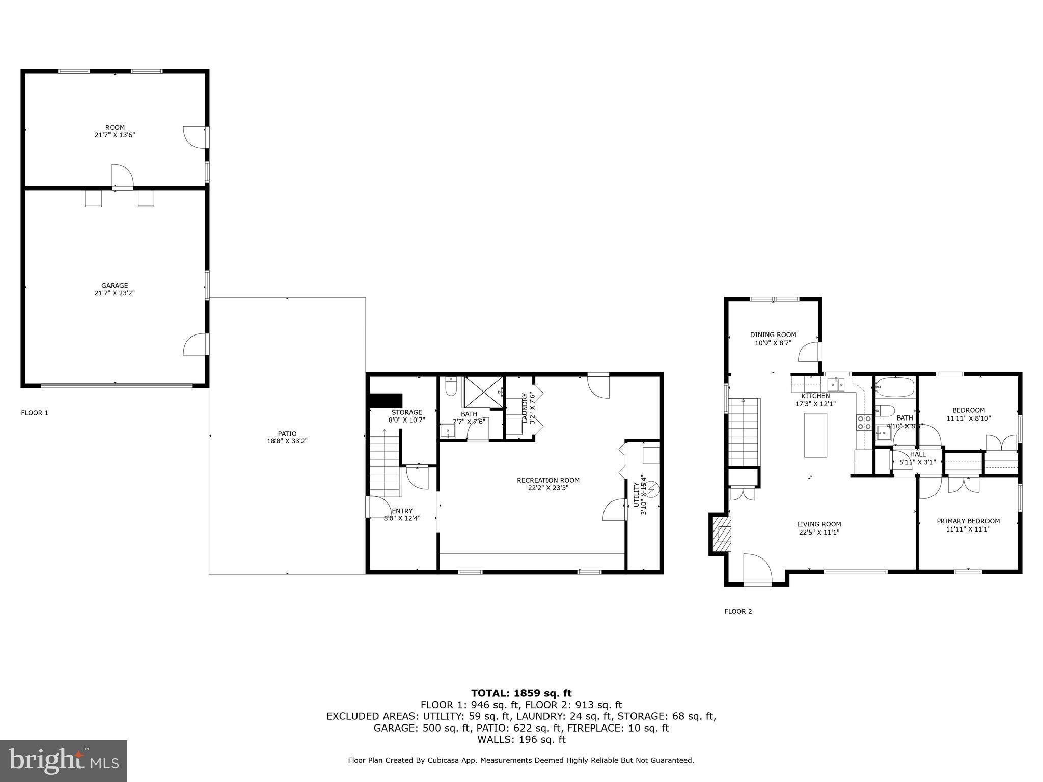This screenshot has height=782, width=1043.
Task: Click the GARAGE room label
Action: pos(115,286)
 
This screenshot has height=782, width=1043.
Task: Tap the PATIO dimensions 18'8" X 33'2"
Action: pos(287,441)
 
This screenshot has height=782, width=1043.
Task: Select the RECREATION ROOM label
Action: pos(548,480)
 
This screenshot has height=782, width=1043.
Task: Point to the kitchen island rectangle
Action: pos(815,435)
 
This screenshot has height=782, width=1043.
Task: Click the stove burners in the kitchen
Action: pos(864,422)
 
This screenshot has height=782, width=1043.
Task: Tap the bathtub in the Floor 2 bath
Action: pos(895,387)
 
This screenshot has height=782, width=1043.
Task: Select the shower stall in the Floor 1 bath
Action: pos(483,392)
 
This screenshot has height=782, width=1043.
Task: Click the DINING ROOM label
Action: pos(773,334)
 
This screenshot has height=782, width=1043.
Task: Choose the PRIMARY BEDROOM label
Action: pos(968,521)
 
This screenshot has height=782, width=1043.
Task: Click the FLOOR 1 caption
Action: pos(35,413)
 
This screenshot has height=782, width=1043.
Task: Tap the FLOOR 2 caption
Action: pos(738,611)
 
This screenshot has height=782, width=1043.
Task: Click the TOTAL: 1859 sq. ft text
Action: pos(521,693)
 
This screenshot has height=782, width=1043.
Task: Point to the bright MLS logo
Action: pos(64,761)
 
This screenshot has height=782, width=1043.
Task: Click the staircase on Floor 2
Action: pos(744,432)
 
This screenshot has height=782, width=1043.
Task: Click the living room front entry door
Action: pos(758,570)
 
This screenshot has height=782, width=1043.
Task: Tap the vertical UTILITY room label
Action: pos(636,494)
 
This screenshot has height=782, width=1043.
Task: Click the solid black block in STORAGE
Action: pos(386,400)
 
